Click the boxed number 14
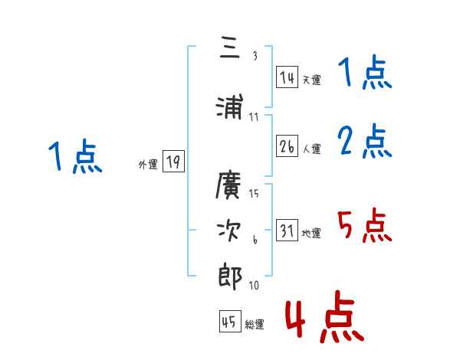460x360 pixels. click(287, 77)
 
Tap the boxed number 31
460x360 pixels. click(287, 231)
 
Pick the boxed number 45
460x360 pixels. click(229, 322)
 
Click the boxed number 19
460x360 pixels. click(173, 162)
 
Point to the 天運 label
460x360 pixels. click(311, 80)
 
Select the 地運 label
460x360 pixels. click(311, 233)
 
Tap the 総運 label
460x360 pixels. click(255, 325)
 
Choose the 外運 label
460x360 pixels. click(147, 164)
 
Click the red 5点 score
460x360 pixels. click(364, 225)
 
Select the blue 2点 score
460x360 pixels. click(365, 141)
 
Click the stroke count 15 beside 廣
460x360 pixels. click(254, 193)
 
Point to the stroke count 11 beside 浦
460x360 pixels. click(254, 116)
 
